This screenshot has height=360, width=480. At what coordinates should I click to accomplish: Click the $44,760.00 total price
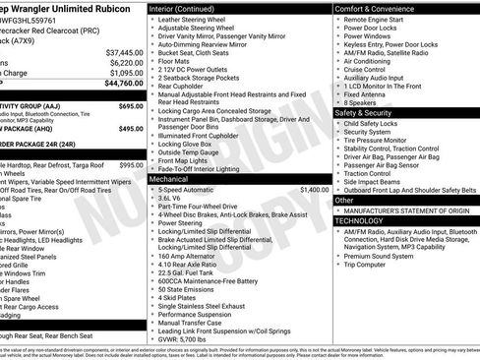point(122,85)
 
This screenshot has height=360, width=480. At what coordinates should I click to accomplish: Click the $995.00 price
point(131,165)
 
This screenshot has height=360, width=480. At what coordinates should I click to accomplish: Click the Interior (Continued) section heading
point(187,8)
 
